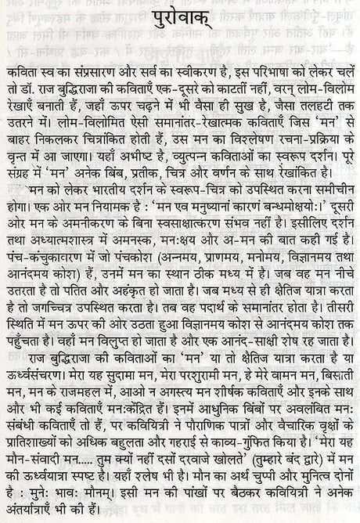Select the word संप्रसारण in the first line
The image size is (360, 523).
pyautogui.click(x=101, y=68)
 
